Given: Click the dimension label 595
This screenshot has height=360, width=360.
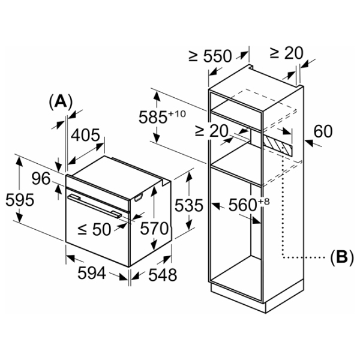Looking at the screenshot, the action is [x=20, y=200].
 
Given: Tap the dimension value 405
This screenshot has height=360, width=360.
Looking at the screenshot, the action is [x=85, y=135].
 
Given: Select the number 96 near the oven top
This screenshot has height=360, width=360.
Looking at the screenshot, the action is [x=41, y=178].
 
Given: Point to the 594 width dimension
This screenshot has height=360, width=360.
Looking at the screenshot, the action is [x=92, y=273].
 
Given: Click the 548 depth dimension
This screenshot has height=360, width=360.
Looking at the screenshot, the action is [x=163, y=275].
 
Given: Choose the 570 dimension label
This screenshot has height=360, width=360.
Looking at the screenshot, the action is [x=154, y=229].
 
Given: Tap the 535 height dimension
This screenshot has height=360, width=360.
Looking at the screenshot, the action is [x=189, y=205].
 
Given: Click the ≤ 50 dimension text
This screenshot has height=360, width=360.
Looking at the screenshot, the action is [x=94, y=229].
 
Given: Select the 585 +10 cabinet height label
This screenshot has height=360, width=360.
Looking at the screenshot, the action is [x=162, y=117].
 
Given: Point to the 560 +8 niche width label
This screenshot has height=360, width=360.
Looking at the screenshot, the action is [x=249, y=205].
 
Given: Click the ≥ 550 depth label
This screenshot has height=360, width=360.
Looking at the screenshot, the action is [x=210, y=56].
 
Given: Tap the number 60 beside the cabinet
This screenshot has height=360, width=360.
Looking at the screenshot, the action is [x=323, y=131].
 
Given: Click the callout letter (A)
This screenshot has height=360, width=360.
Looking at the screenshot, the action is [x=61, y=102].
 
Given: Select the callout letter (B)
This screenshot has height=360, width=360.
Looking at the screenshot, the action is [x=341, y=257].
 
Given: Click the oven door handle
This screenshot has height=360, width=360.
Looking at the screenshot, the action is [x=95, y=206].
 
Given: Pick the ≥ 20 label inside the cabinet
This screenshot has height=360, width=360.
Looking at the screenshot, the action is [x=211, y=131].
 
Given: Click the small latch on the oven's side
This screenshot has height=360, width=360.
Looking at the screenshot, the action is [x=139, y=197].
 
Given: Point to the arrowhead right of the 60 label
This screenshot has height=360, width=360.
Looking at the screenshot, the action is [x=309, y=143].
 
